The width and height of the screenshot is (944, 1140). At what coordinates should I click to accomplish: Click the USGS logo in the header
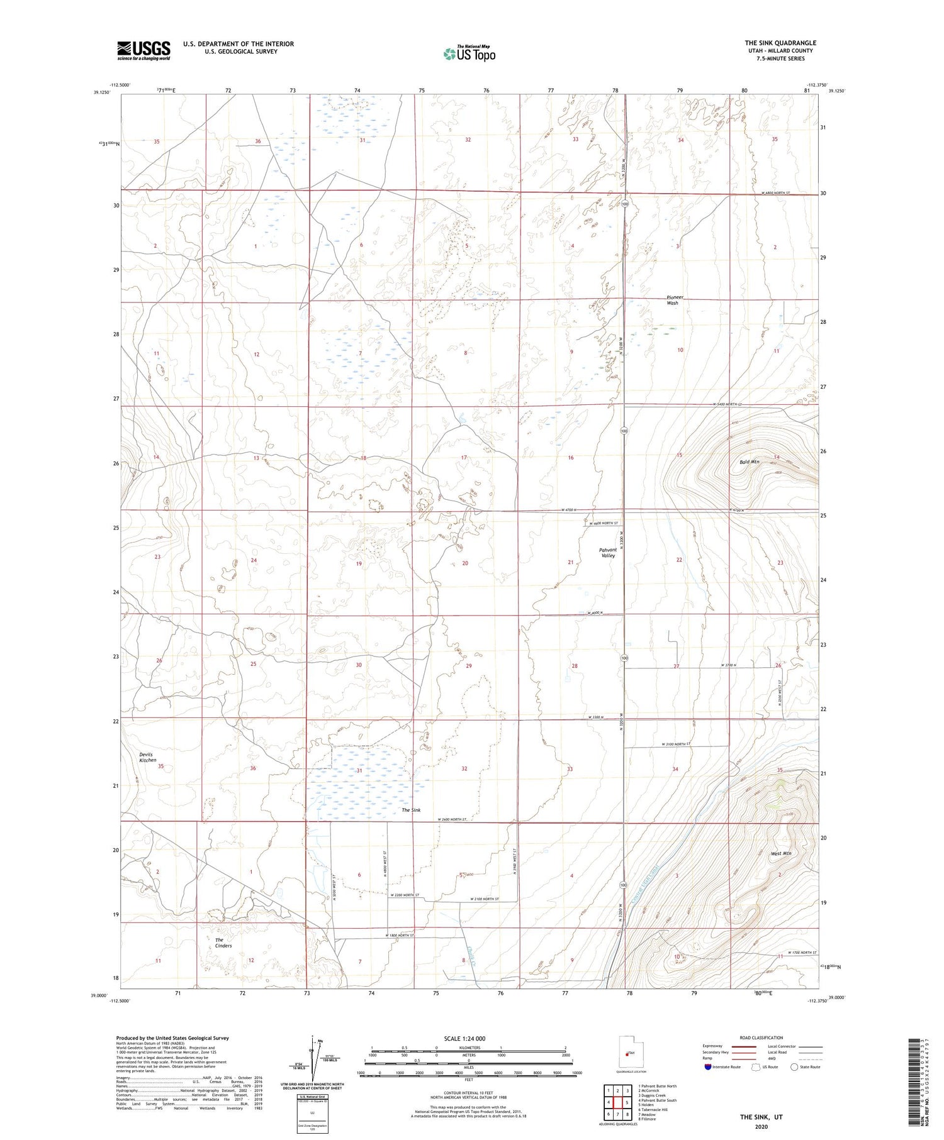click(x=143, y=50)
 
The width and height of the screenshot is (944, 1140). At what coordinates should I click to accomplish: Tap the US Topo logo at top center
click(x=469, y=54)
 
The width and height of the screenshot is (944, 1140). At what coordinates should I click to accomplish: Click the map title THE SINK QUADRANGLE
click(x=780, y=43)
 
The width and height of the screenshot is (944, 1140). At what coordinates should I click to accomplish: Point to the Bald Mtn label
click(x=750, y=462)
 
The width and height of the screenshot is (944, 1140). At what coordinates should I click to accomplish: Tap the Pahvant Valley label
click(x=607, y=553)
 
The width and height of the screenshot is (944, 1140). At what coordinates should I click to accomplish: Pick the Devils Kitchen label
click(x=148, y=757)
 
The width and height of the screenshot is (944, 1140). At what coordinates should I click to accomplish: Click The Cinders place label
click(x=223, y=943)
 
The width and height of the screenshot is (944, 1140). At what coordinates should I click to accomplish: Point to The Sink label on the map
click(x=411, y=811)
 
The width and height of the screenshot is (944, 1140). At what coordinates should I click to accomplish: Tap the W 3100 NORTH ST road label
click(x=676, y=744)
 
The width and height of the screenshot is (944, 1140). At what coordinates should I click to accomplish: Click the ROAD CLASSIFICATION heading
click(x=761, y=1038)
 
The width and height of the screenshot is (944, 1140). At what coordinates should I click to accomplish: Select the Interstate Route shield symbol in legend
click(x=708, y=1067)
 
